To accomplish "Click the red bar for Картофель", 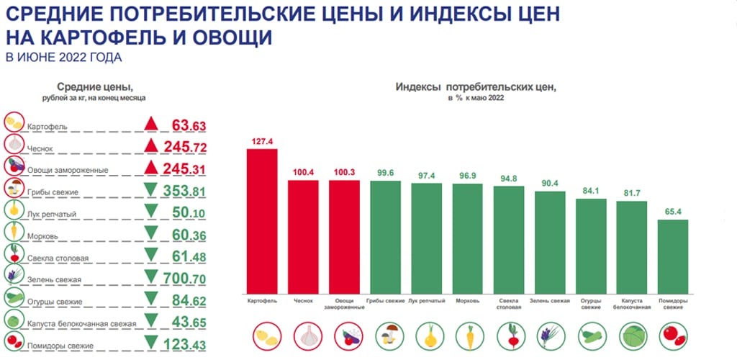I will click(x=262, y=220).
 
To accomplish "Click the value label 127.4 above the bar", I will click(x=262, y=142).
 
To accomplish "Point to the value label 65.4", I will click(x=673, y=212).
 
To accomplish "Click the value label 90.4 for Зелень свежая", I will click(x=549, y=182).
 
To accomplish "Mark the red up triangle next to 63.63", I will click(x=151, y=124).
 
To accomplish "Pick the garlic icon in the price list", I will click(x=14, y=144).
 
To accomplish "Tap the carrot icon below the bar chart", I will click(x=467, y=336).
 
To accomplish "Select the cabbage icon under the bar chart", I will click(x=632, y=336).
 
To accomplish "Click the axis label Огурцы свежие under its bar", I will click(x=591, y=304).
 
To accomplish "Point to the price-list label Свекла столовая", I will click(x=58, y=258).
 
